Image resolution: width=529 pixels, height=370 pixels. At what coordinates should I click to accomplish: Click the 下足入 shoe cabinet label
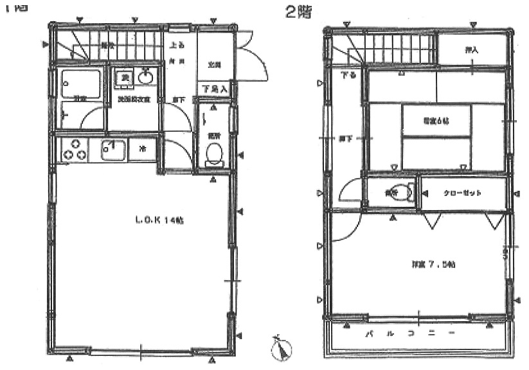pyautogui.click(x=214, y=89)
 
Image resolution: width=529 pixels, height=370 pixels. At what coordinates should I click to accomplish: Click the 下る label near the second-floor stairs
pyautogui.click(x=348, y=74)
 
